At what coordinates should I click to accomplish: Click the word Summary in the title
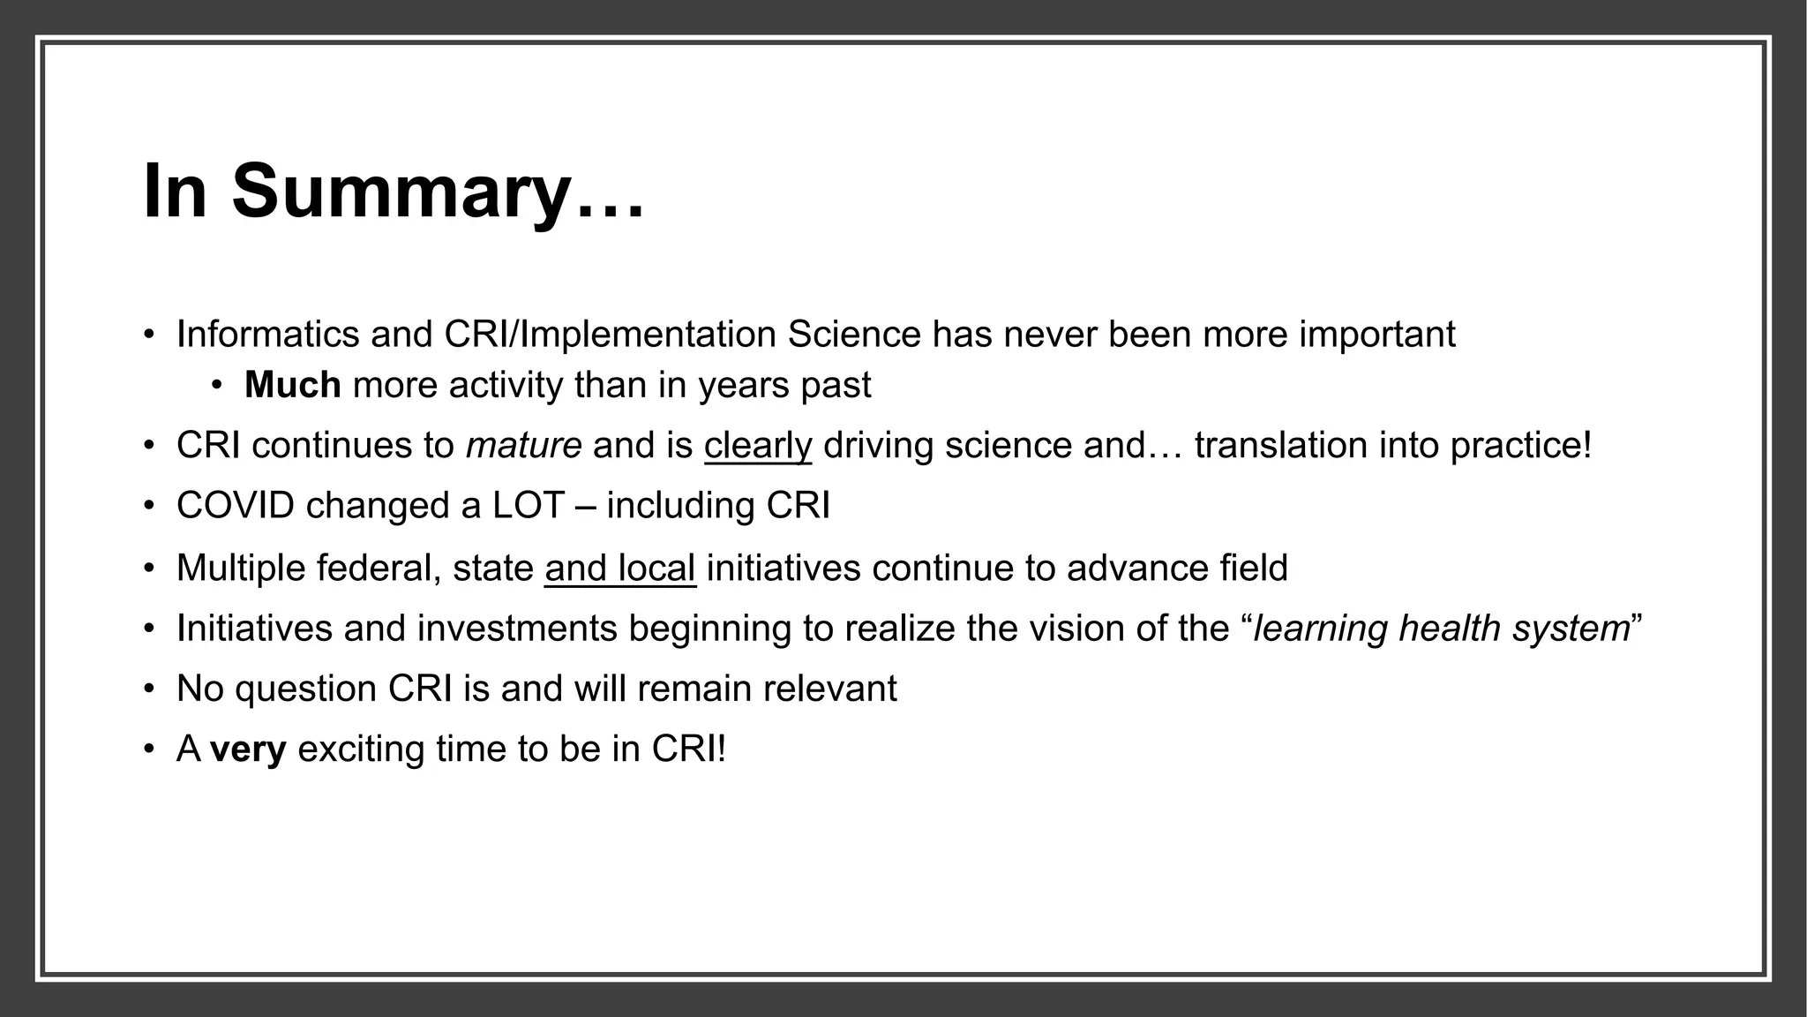pos(401,192)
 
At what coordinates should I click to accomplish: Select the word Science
pos(854,335)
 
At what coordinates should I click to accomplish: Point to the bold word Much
pos(292,385)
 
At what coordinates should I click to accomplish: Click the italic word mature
pos(523,445)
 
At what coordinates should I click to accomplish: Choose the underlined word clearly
pos(757,445)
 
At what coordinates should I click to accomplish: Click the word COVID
pos(236,506)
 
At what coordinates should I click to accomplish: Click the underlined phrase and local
pos(620,568)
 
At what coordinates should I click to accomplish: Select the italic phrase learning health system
pos(1441,629)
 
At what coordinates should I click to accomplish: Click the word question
pos(306,689)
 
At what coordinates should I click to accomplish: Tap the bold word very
pos(248,750)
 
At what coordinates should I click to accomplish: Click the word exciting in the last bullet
pos(361,750)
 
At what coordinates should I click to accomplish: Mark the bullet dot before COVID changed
pos(149,507)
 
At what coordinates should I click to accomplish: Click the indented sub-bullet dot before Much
pos(217,386)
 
